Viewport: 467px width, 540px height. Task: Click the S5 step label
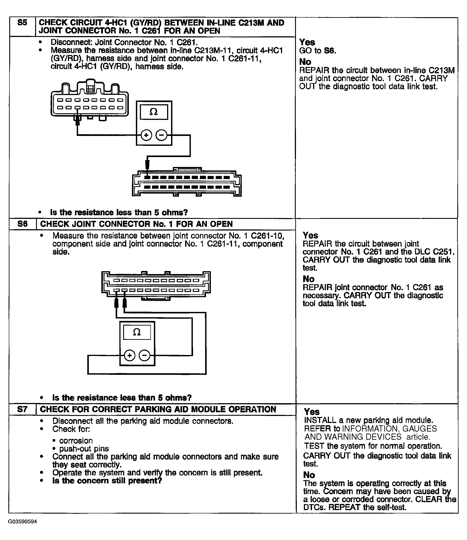pos(22,23)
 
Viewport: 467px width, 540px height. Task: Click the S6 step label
pos(22,224)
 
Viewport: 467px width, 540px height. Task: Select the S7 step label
pos(22,409)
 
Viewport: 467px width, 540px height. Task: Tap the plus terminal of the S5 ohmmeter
pos(146,135)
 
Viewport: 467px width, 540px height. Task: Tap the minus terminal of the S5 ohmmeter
pos(161,135)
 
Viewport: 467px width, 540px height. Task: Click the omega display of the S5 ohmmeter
pos(154,112)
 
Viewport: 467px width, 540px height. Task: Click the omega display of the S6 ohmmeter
pos(137,332)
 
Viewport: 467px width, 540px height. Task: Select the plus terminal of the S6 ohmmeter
pos(130,355)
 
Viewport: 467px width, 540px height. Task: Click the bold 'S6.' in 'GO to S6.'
pos(330,51)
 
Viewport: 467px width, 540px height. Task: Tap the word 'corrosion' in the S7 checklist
pos(76,441)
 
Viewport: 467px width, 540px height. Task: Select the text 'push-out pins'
pos(84,449)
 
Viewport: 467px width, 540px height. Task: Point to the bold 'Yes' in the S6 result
pos(310,235)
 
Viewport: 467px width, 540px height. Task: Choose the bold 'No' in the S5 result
pos(305,62)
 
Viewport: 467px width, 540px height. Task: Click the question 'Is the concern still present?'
pos(107,481)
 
